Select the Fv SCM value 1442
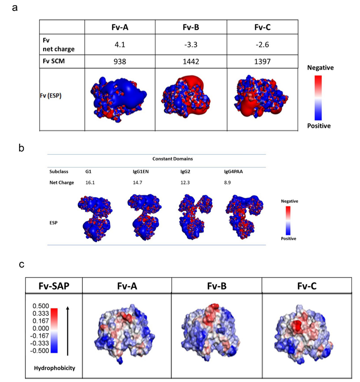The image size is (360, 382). (191, 61)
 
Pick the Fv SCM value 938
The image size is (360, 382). (120, 61)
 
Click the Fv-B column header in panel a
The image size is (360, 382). (191, 27)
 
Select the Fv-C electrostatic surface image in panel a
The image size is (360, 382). (263, 99)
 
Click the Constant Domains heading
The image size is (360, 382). (157, 158)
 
